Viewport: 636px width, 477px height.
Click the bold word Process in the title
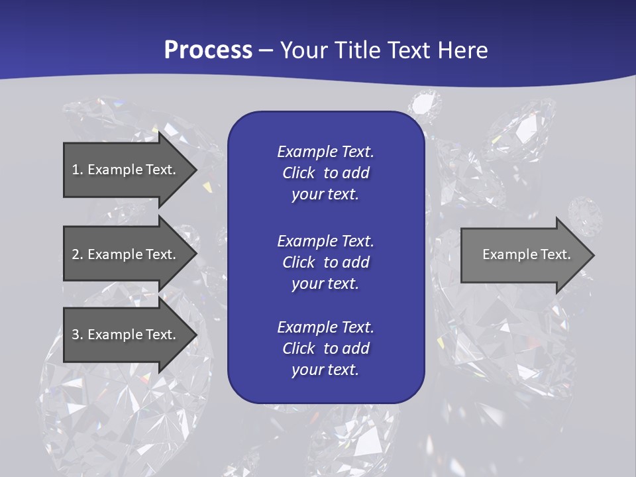tap(208, 50)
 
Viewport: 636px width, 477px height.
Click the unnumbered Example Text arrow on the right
tap(526, 254)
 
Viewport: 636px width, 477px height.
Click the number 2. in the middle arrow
tap(78, 254)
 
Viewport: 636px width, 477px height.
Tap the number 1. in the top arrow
tap(78, 170)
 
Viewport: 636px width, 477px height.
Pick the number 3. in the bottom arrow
tap(78, 335)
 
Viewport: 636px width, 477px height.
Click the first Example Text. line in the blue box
tap(325, 152)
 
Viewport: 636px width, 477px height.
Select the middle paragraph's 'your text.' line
tap(325, 284)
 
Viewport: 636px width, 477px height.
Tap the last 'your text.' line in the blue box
tap(325, 370)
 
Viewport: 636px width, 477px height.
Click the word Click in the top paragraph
tap(299, 173)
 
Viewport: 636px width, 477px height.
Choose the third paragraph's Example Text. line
tap(325, 327)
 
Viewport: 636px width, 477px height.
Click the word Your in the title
tap(301, 50)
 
